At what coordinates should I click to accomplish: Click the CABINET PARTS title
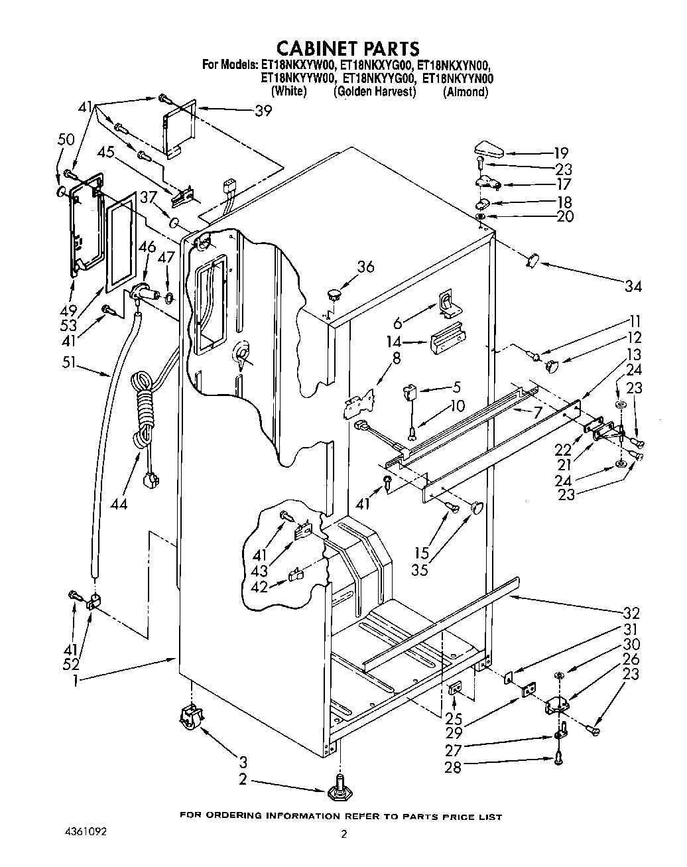(347, 48)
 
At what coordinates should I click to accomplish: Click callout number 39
(263, 111)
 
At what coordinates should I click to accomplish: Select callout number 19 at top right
(561, 153)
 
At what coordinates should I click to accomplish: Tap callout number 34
(633, 286)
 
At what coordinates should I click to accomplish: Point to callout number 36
(365, 267)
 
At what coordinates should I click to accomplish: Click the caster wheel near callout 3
(188, 718)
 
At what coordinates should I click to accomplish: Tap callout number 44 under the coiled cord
(119, 503)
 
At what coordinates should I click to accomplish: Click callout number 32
(631, 613)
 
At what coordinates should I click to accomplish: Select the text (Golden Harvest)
(375, 92)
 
